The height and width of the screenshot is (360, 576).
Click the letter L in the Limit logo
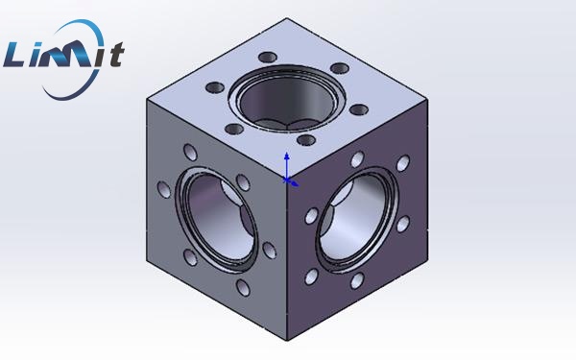15,55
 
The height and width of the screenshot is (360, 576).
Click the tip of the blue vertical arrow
286,153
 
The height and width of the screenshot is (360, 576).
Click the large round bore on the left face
218,219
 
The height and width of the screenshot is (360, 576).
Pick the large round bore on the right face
357,219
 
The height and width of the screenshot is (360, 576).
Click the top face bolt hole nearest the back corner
268,58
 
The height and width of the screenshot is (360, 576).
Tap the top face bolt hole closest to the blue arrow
306,140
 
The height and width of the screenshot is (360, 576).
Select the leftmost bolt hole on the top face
215,87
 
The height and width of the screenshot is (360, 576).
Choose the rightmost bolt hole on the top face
359,109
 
